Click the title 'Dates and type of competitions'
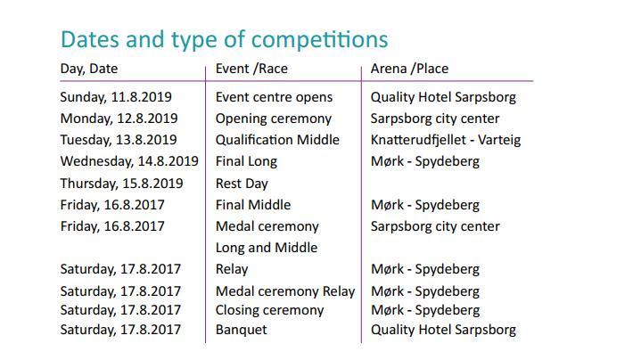[x=224, y=40]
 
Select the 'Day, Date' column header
[x=89, y=69]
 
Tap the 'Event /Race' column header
[x=251, y=69]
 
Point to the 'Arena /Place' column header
[x=409, y=69]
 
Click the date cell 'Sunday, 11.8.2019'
[x=116, y=97]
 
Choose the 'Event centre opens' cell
[x=274, y=97]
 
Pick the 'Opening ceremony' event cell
[x=274, y=119]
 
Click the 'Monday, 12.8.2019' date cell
[x=119, y=119]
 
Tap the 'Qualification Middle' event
[x=277, y=140]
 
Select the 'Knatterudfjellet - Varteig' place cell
[x=446, y=140]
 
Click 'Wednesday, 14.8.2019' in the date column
[x=129, y=161]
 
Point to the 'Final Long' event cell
[x=246, y=162]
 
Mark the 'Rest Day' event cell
[x=242, y=184]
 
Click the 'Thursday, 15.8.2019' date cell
[x=121, y=184]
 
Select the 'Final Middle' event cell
[x=253, y=205]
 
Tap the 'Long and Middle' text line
[x=267, y=248]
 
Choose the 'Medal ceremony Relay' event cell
[x=285, y=291]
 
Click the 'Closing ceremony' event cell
[x=269, y=311]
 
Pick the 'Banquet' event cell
[x=242, y=330]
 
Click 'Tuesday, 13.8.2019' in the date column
[x=119, y=140]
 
